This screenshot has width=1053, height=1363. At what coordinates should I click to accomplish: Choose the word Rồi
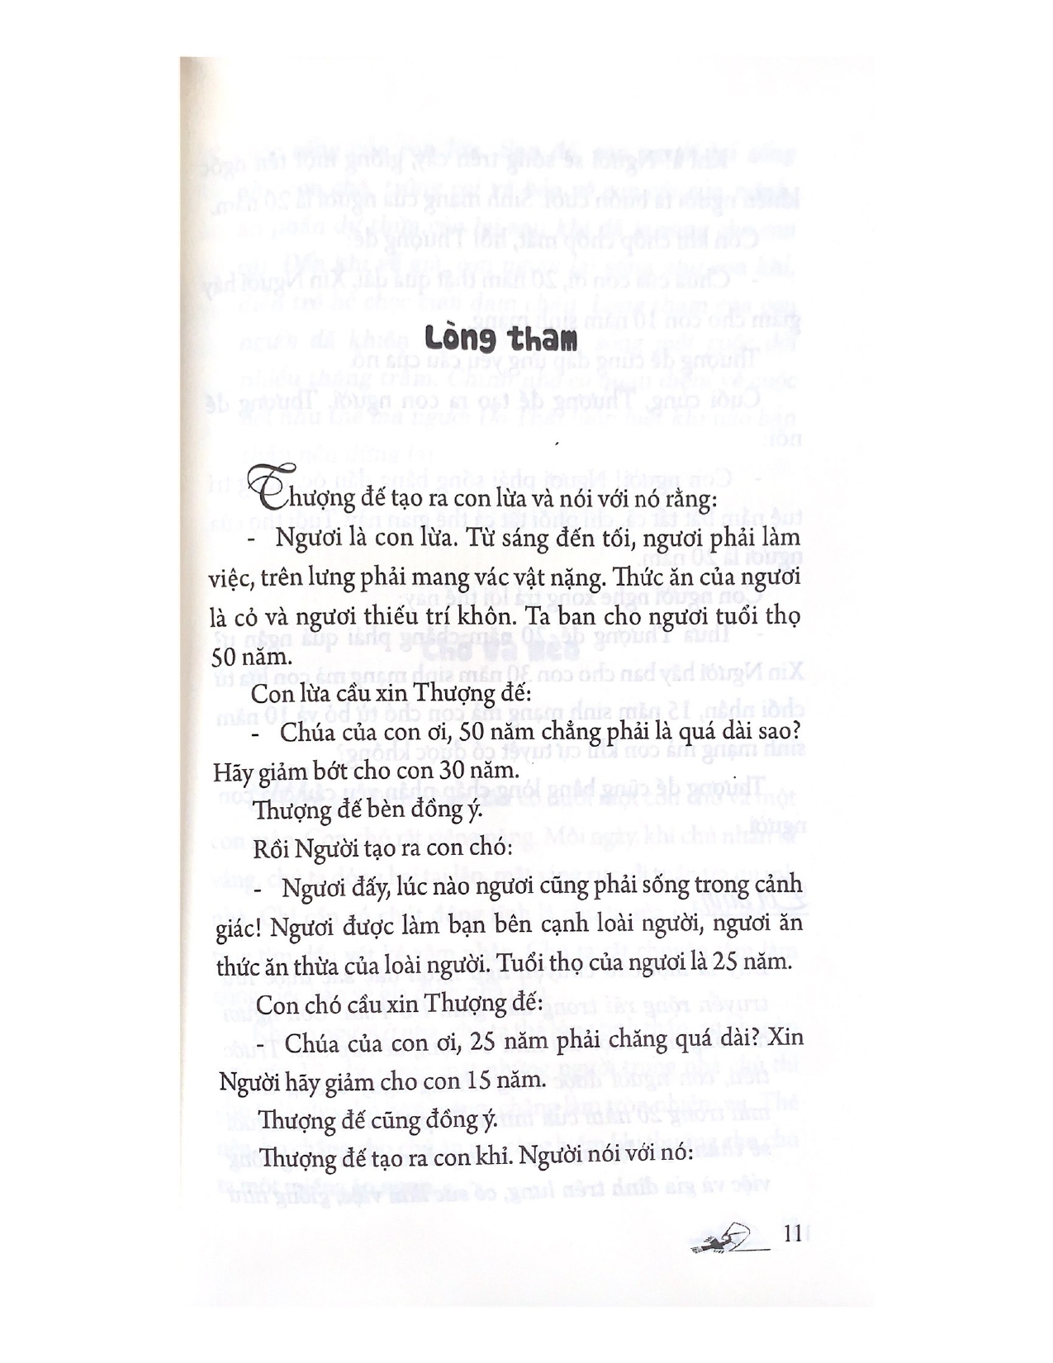pyautogui.click(x=273, y=848)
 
